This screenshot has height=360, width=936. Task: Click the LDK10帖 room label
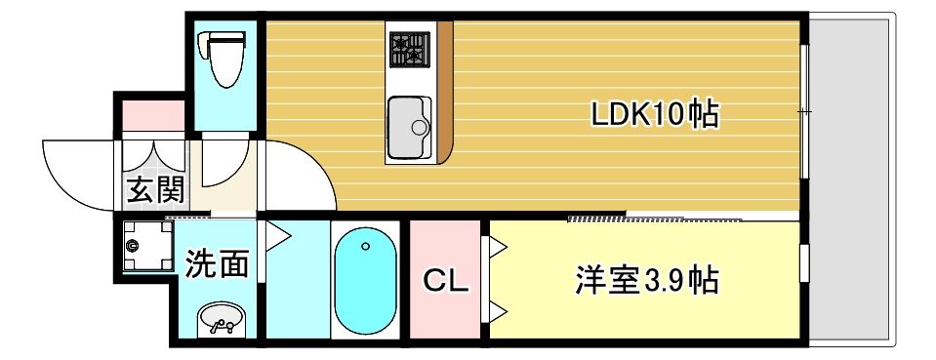[655, 115]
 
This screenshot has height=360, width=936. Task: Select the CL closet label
[446, 281]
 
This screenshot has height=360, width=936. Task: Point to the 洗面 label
[217, 263]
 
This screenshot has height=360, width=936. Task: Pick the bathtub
[365, 281]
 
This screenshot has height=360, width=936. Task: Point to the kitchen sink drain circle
[421, 127]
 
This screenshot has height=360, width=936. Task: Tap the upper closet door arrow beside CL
[497, 248]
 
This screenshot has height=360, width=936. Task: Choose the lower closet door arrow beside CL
[497, 312]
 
